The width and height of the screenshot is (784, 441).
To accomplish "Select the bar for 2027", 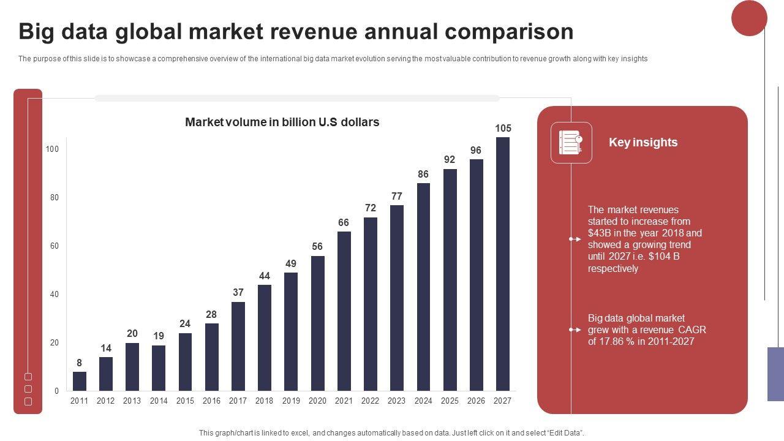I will (502, 264).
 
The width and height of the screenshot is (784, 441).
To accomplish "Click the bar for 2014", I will (159, 368).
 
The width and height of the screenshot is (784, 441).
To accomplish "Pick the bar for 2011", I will (80, 381).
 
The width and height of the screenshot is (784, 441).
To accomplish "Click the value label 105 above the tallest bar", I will (503, 128).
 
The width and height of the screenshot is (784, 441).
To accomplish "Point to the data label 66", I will (344, 223).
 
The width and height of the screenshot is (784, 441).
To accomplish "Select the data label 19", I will (159, 336).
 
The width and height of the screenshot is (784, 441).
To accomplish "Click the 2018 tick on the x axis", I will (264, 401).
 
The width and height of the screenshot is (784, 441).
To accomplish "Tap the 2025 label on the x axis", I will (450, 401).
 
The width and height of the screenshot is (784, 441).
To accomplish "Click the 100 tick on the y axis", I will (52, 149).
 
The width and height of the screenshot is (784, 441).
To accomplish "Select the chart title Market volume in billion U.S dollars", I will (282, 122).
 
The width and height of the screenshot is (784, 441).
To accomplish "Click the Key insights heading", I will (643, 142).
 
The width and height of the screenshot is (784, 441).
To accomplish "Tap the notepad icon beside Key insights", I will (571, 143).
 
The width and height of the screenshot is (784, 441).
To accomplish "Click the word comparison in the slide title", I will (510, 31).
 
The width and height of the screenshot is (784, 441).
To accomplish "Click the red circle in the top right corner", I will (749, 18).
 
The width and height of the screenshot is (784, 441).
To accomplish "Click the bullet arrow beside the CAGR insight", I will (575, 330).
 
